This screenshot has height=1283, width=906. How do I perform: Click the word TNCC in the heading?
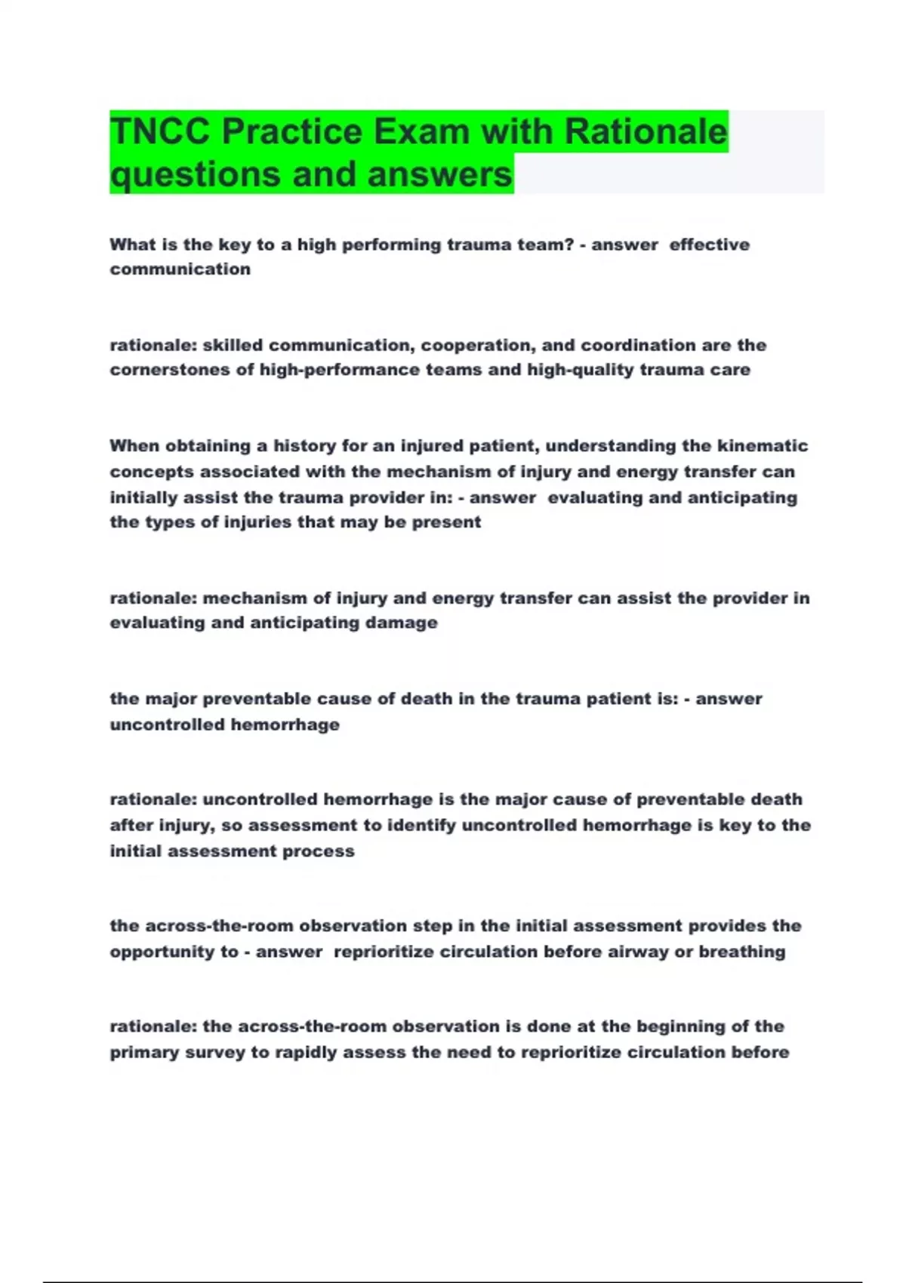pyautogui.click(x=161, y=132)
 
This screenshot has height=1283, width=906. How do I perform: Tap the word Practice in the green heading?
pyautogui.click(x=293, y=132)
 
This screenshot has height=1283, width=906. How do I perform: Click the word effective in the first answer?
pyautogui.click(x=709, y=245)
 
